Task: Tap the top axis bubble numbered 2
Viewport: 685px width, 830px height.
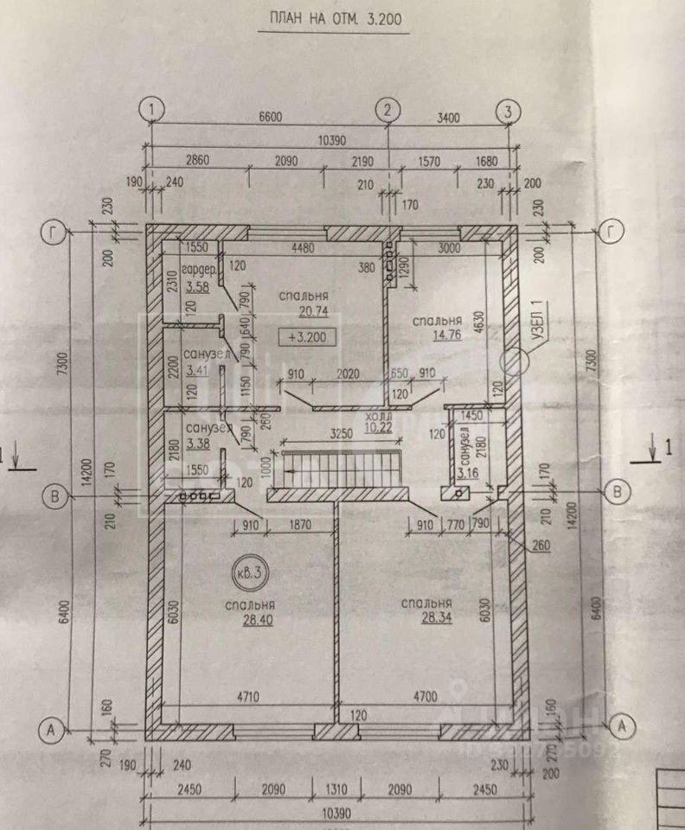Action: point(387,110)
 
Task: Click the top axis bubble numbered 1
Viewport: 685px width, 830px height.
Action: point(152,110)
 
